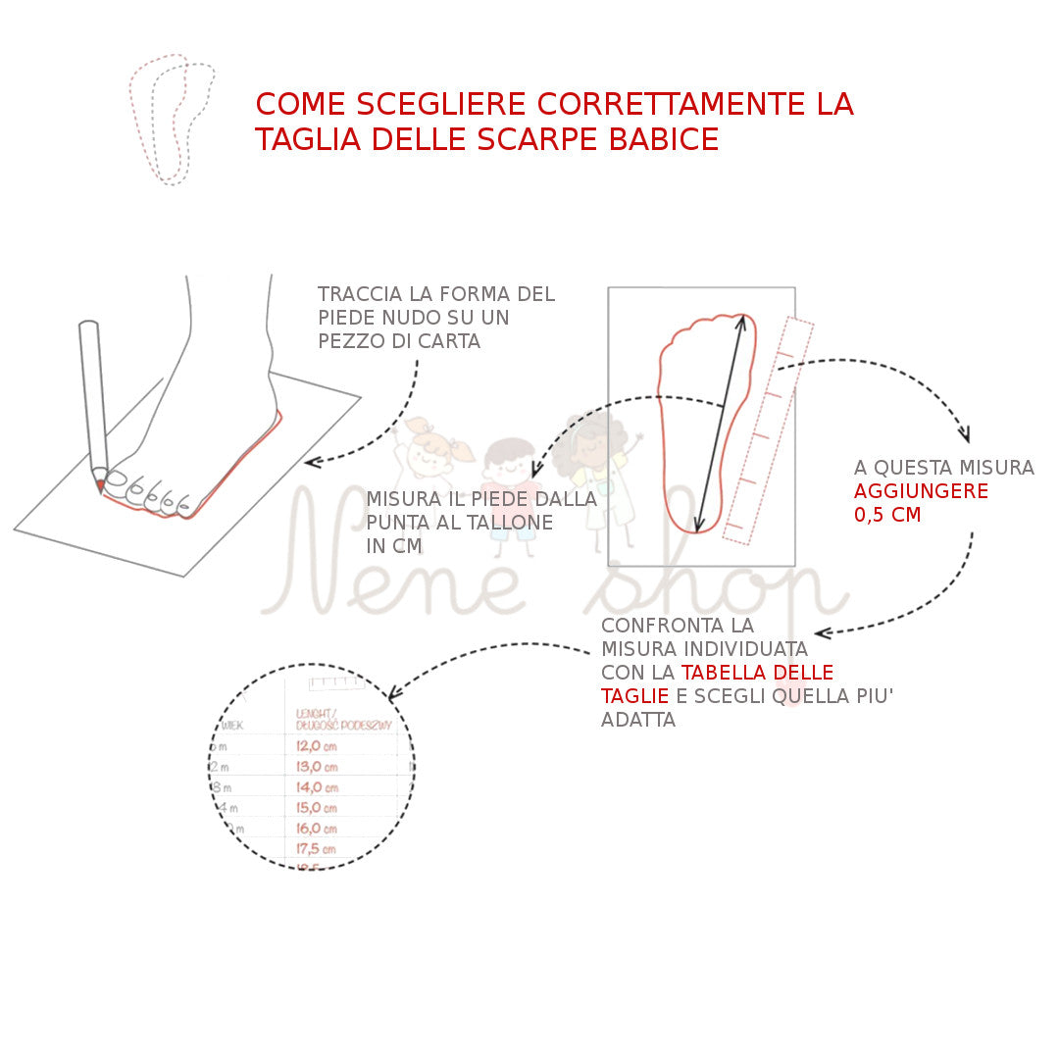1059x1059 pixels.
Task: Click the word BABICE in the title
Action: [x=664, y=139]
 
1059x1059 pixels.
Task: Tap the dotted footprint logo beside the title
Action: [x=172, y=119]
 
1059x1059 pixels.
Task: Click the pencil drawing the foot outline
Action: [x=92, y=402]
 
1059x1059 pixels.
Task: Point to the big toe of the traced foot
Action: [x=116, y=479]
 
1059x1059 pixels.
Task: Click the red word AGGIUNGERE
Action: [x=921, y=491]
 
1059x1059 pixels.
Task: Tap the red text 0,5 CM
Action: [x=888, y=515]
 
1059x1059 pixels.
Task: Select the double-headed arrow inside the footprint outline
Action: [x=721, y=422]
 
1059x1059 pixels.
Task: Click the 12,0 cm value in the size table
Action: [x=317, y=745]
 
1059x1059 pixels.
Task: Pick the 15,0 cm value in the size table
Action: [x=317, y=808]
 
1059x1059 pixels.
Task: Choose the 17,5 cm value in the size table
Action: [x=317, y=849]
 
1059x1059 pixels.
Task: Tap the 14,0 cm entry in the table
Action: [x=317, y=787]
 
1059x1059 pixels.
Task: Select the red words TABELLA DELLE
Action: [x=757, y=673]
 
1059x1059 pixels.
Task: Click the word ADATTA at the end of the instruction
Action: [x=638, y=720]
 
